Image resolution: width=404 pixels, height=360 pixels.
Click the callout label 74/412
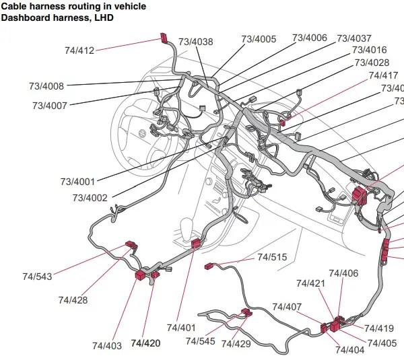point(79,50)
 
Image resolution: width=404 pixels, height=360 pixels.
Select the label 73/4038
point(193,42)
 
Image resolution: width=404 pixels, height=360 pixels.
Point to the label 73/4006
point(309,38)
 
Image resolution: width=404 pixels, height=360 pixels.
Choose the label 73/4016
point(369,50)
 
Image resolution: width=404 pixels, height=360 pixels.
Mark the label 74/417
point(383,75)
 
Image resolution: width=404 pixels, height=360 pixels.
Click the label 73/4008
point(46,86)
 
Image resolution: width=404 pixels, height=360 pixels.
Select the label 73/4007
point(50,106)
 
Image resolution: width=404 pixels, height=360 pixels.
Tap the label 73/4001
point(78,182)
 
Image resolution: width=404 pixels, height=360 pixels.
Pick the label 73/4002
point(90,198)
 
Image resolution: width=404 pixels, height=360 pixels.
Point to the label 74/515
point(272,257)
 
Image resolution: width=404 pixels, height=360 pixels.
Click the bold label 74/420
point(145,343)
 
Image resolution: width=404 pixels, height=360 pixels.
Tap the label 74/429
point(236,344)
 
